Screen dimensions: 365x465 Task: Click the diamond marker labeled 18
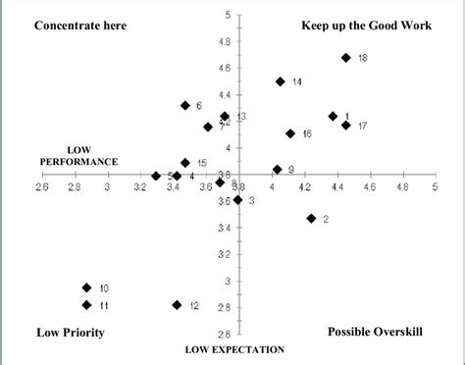(346, 58)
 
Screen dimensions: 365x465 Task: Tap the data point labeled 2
(311, 219)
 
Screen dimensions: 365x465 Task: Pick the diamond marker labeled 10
(87, 287)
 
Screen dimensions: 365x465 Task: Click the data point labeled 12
(177, 305)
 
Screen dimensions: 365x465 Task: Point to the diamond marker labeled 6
(185, 105)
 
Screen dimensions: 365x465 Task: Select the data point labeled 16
(290, 133)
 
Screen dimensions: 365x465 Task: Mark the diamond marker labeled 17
(346, 126)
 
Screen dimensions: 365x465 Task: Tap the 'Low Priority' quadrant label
(70, 333)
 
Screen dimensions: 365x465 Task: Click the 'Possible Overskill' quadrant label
(375, 333)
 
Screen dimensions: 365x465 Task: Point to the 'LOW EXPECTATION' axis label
(235, 349)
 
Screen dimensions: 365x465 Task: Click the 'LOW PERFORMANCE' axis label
(78, 156)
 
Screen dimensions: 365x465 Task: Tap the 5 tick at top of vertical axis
(228, 16)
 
